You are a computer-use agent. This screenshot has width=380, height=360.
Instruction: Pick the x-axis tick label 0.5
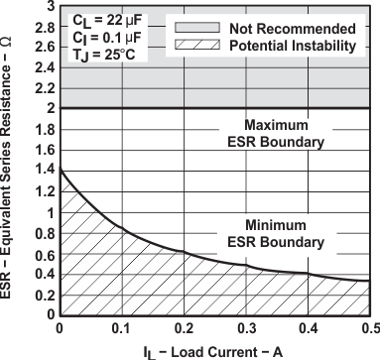tap(367, 329)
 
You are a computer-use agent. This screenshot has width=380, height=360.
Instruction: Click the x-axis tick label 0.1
tap(121, 329)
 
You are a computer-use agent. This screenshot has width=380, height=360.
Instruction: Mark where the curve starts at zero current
tap(61, 170)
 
